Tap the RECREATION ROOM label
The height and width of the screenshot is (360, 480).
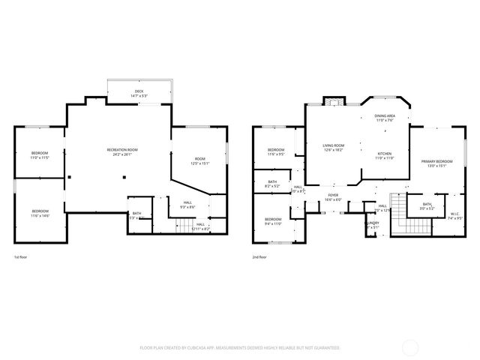click(x=122, y=150)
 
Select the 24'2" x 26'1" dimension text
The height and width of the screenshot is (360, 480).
click(x=122, y=155)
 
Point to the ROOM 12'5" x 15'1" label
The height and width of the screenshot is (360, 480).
click(x=200, y=160)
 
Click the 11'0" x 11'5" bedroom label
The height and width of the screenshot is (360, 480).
click(x=39, y=155)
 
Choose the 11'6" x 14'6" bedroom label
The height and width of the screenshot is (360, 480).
click(x=40, y=213)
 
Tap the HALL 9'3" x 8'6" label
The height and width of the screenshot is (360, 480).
click(x=187, y=204)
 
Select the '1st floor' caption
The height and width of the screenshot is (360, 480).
click(x=20, y=256)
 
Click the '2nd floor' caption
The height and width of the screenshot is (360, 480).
click(x=259, y=256)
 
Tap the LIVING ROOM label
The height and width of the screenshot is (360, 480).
click(x=333, y=147)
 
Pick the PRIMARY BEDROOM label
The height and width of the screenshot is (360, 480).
click(x=436, y=163)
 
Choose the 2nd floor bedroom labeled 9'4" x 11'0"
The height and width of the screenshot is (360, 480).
click(x=272, y=221)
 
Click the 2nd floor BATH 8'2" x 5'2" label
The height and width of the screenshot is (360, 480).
click(x=272, y=183)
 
